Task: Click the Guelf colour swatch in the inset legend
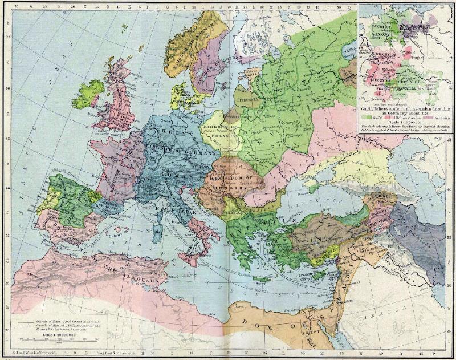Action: point(368,116)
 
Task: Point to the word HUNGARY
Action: point(235,187)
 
